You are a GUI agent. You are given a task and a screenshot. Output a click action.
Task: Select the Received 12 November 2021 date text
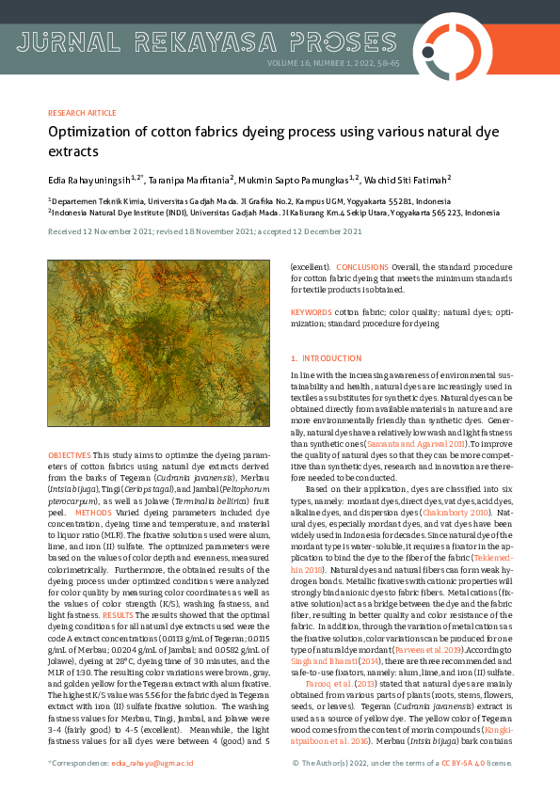point(98,230)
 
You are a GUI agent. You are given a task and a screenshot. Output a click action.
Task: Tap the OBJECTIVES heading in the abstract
point(69,454)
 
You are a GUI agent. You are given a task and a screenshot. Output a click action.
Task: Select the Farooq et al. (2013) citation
point(333,685)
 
